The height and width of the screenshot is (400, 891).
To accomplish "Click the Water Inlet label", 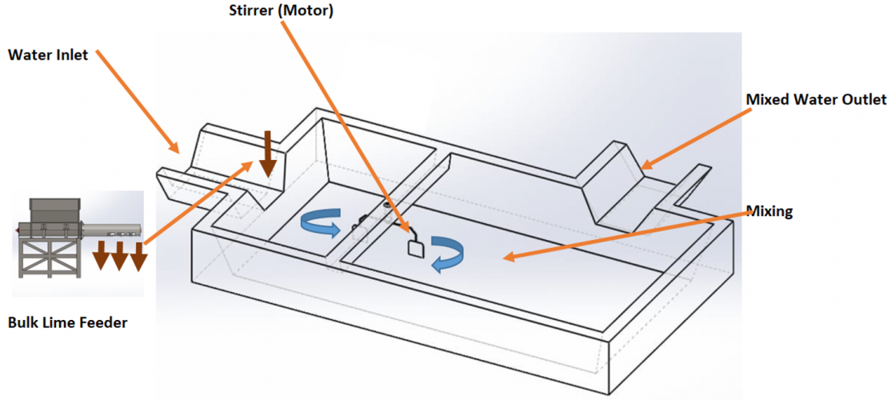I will [x=48, y=55].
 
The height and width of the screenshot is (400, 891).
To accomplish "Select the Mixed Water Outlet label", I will [x=816, y=100].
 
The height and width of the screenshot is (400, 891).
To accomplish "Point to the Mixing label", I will [x=769, y=211].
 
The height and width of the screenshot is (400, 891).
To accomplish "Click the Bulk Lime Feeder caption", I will [x=68, y=323].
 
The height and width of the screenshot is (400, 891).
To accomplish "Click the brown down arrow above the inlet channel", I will [x=268, y=154].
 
